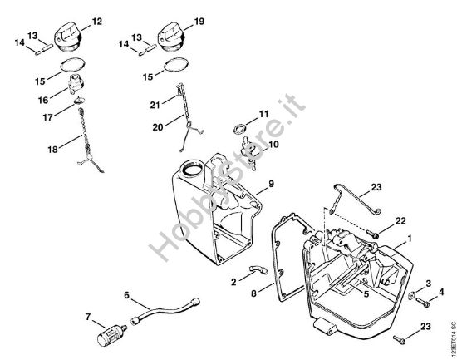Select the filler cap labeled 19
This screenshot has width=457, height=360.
(x=172, y=38)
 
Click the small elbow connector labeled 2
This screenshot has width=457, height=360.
(x=258, y=269)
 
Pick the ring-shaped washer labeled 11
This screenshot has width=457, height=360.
(x=240, y=129)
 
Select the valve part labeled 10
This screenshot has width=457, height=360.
(x=248, y=152)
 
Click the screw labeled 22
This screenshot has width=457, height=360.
(x=372, y=234)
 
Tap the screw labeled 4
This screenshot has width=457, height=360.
(x=423, y=303)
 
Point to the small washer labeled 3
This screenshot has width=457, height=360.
(x=412, y=295)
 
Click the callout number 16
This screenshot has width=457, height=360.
(x=43, y=100)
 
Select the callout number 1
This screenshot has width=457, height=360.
(x=410, y=239)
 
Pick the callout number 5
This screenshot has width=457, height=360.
(x=366, y=293)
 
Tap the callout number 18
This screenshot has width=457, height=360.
(x=52, y=150)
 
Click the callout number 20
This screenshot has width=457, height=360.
(x=158, y=127)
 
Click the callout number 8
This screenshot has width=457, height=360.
(x=253, y=293)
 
